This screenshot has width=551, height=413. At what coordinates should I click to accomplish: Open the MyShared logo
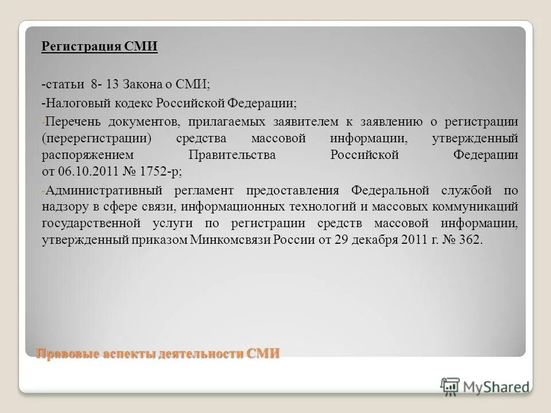pos(485,387)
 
